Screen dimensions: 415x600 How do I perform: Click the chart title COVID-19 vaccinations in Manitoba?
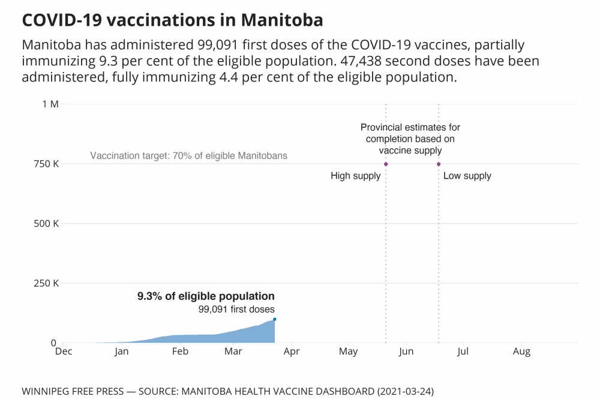pos(172,20)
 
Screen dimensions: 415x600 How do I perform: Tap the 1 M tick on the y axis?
pos(50,104)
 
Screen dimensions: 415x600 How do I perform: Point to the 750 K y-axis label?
pos(47,164)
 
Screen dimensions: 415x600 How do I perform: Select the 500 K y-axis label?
pos(47,224)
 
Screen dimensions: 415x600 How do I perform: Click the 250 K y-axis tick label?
pos(47,283)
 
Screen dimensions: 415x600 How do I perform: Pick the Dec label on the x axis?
pos(63,352)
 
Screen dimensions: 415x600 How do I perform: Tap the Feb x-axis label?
pos(180,352)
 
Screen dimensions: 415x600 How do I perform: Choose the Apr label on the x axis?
pos(292,352)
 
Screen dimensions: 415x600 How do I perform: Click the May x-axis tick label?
pos(348,352)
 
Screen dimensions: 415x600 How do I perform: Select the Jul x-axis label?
pos(463,352)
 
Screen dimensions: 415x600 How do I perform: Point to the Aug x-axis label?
pos(521,352)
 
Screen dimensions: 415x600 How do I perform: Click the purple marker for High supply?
pos(386,164)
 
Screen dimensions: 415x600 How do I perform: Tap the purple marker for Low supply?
pos(439,164)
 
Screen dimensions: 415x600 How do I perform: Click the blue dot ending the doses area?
pos(275,319)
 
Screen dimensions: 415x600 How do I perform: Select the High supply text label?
pos(356,176)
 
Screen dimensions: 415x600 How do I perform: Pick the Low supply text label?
pos(467,176)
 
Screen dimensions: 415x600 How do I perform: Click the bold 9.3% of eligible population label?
pos(206,296)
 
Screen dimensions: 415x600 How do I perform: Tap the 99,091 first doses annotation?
pos(236,309)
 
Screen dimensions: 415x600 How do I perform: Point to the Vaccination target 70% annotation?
pos(188,156)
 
